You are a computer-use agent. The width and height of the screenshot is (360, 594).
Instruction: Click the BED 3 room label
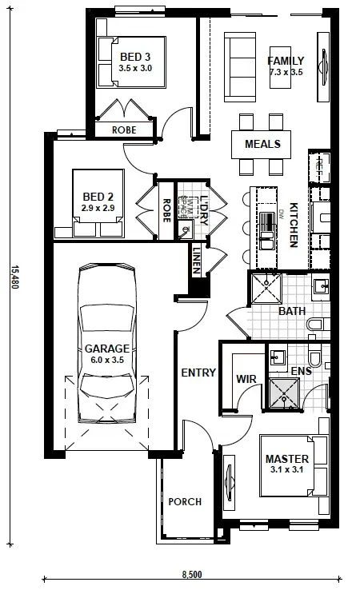(x=134, y=62)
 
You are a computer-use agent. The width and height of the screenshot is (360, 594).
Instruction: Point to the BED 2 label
(x=98, y=202)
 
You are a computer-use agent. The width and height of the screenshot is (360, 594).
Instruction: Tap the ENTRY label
(x=198, y=373)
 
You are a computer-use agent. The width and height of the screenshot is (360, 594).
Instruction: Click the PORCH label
(x=184, y=502)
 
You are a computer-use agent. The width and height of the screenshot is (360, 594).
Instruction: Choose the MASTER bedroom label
(x=286, y=464)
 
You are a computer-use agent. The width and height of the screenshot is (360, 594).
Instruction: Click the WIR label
(x=245, y=378)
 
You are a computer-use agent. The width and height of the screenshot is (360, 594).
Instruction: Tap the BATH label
(x=292, y=311)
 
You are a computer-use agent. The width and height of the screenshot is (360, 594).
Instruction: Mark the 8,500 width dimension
(x=191, y=574)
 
